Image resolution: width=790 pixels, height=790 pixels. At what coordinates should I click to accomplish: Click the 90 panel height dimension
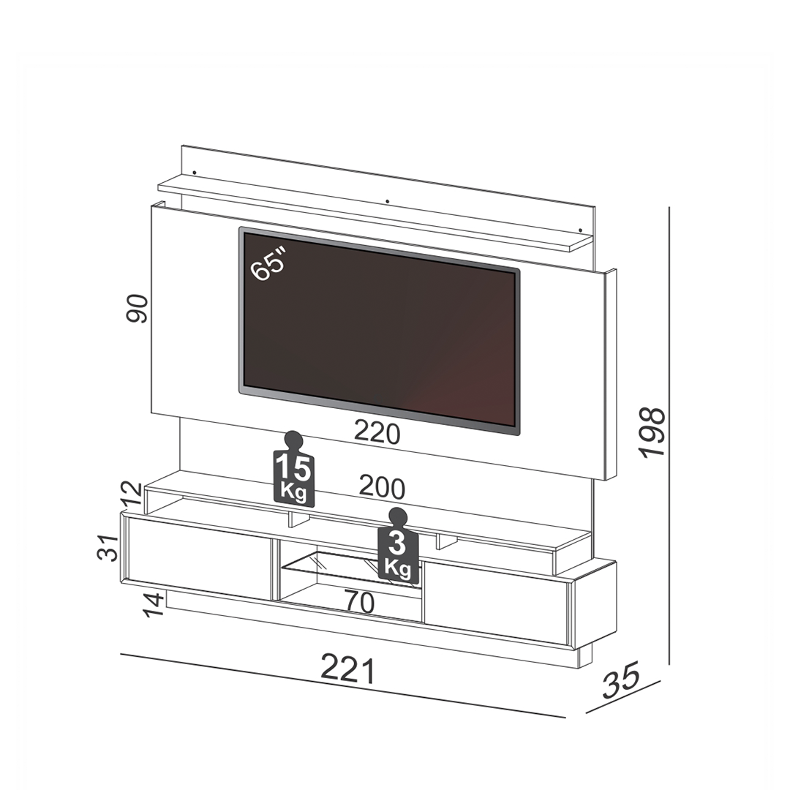click(x=137, y=309)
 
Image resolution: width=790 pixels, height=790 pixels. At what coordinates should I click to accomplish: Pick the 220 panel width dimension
click(x=377, y=433)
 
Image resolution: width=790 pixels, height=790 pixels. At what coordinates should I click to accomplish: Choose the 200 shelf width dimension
click(x=382, y=488)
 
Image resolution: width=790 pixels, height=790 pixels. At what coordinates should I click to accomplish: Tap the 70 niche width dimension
click(x=360, y=601)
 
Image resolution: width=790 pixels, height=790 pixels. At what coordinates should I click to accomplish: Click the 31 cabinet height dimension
click(x=108, y=548)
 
